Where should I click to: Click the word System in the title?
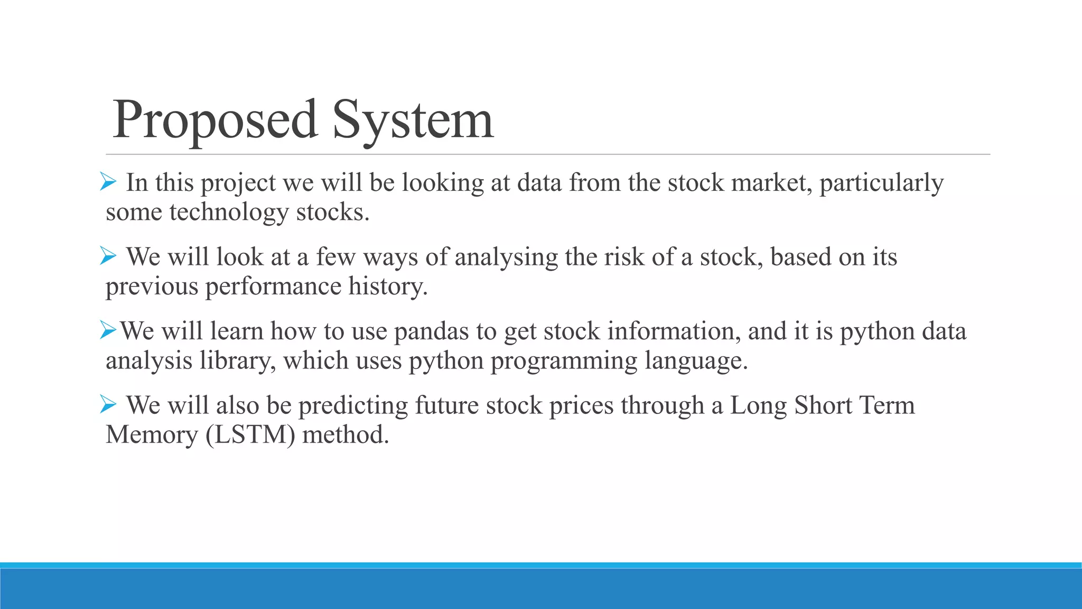pyautogui.click(x=413, y=121)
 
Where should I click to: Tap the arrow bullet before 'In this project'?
pyautogui.click(x=108, y=183)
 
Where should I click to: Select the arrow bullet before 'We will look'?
pyautogui.click(x=108, y=257)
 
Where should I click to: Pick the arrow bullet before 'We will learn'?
pyautogui.click(x=108, y=331)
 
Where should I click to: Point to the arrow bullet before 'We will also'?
pyautogui.click(x=108, y=405)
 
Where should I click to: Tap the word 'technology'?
pyautogui.click(x=229, y=213)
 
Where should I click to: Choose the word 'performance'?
pyautogui.click(x=273, y=287)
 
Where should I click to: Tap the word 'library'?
pyautogui.click(x=237, y=361)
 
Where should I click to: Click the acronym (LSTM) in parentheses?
pyautogui.click(x=250, y=435)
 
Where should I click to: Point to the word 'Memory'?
pyautogui.click(x=152, y=435)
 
